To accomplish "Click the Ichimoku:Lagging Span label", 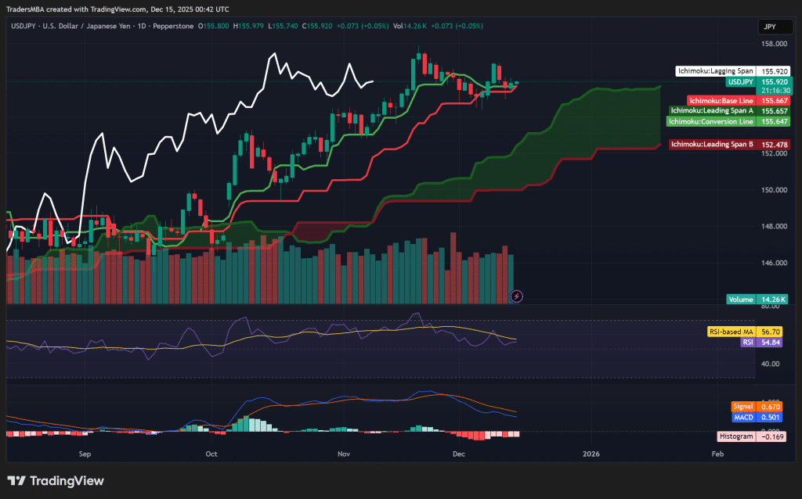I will (715, 70).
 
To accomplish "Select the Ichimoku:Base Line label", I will (721, 101).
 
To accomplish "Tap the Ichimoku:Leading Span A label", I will (712, 111).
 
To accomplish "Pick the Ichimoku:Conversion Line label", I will (710, 121).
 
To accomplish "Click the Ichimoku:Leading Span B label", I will (712, 145).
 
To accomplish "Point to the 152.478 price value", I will (774, 145).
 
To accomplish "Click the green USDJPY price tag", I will (740, 81).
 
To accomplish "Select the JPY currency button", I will (770, 27).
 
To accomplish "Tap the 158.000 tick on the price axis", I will (774, 44).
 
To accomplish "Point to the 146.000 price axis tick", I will (774, 263).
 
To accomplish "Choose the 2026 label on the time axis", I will (591, 453).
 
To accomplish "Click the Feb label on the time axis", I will (716, 453).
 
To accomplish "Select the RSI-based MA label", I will (731, 332).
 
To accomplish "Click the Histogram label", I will (736, 436).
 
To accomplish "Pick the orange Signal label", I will (742, 407).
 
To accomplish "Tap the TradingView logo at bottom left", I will (56, 481).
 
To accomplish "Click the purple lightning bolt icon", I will (516, 296).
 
